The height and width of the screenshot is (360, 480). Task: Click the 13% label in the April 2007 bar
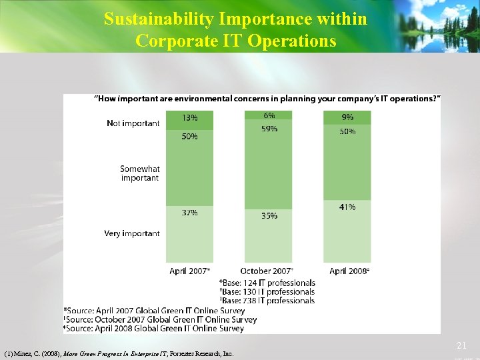tap(189, 118)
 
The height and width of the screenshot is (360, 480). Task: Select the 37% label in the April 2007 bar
tap(189, 213)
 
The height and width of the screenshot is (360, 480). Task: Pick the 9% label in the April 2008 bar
tap(347, 118)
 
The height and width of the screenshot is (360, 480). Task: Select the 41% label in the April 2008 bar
tap(347, 207)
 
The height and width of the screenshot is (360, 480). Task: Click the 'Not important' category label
tap(133, 123)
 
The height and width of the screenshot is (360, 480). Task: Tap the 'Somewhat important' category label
tap(139, 173)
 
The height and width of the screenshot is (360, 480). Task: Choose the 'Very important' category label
tap(131, 233)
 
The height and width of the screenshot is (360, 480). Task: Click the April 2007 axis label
tap(190, 271)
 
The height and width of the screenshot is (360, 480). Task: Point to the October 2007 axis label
tap(267, 271)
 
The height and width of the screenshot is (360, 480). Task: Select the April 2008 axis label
tap(349, 271)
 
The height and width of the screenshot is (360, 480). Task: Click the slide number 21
tap(461, 346)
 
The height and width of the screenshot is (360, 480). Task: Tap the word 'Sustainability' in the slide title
tap(154, 19)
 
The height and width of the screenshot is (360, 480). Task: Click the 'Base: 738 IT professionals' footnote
tap(267, 301)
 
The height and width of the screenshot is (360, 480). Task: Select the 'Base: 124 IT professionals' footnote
tap(267, 283)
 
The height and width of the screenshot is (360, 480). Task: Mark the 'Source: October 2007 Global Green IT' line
tap(160, 319)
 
